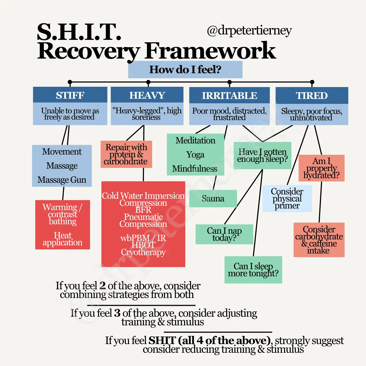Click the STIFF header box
pyautogui.click(x=70, y=95)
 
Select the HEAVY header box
pyautogui.click(x=147, y=95)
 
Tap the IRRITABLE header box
pyautogui.click(x=229, y=95)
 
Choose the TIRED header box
pyautogui.click(x=312, y=95)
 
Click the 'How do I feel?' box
pyautogui.click(x=185, y=70)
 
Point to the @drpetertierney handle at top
pyautogui.click(x=249, y=31)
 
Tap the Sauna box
pyautogui.click(x=213, y=198)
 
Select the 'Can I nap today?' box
pyautogui.click(x=224, y=234)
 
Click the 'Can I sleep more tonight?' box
pyautogui.click(x=253, y=270)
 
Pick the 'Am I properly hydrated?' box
pyautogui.click(x=321, y=168)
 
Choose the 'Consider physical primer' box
pyautogui.click(x=287, y=198)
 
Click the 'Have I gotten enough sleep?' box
pyautogui.click(x=262, y=155)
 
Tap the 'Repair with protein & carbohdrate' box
pyautogui.click(x=126, y=154)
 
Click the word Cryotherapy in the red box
pyautogui.click(x=143, y=252)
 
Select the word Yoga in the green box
pyautogui.click(x=195, y=155)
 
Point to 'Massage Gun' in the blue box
pyautogui.click(x=62, y=180)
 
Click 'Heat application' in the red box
pyautogui.click(x=62, y=239)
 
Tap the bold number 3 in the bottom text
pyautogui.click(x=117, y=313)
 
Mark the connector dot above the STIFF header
pyautogui.click(x=70, y=82)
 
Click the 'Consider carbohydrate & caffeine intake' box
pyautogui.click(x=319, y=240)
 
